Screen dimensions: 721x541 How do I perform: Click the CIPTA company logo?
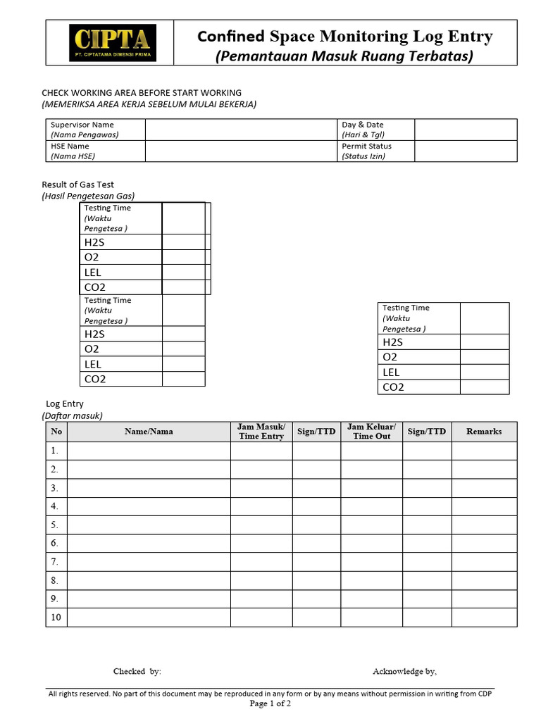[113, 43]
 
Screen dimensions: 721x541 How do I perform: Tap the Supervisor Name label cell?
[95, 130]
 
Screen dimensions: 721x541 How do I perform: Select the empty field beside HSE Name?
[242, 151]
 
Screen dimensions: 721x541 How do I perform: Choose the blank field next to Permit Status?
[465, 151]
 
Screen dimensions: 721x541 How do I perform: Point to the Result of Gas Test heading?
[78, 184]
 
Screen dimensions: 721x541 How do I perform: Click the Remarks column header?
[484, 432]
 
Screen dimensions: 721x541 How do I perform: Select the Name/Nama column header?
[149, 432]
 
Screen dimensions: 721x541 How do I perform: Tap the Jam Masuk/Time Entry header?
[261, 432]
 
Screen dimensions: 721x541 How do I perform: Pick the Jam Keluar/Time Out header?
[371, 432]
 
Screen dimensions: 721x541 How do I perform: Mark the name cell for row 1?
[149, 451]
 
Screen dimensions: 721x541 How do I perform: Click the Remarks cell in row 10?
[484, 617]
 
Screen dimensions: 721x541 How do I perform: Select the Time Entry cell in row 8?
[261, 580]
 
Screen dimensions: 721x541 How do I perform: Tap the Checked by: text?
[137, 671]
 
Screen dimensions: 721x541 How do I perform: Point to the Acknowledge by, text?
[404, 671]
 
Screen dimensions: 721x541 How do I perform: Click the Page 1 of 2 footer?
[270, 703]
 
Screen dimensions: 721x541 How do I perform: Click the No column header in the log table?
[56, 432]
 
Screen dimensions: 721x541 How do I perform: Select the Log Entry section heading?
[65, 404]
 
